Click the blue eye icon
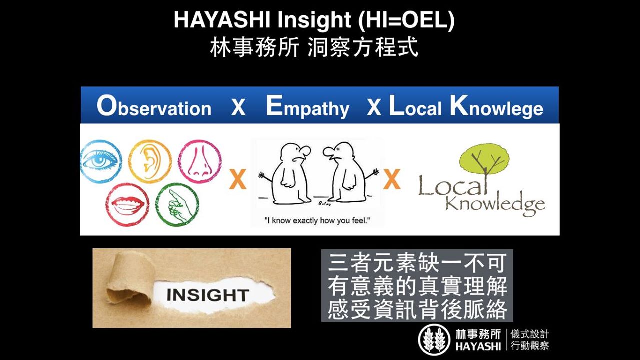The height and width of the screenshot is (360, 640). coord(101,161)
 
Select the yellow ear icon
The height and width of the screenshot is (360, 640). coord(150,161)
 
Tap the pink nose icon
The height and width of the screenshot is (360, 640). coord(200,161)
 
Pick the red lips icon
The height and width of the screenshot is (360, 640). coord(127,205)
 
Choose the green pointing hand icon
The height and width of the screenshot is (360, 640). coord(177,205)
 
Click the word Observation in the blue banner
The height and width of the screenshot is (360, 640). coord(154,107)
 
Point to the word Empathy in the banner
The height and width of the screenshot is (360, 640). coord(307,107)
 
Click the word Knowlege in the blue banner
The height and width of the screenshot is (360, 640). coord(497,107)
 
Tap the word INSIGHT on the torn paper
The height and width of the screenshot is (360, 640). coord(208,295)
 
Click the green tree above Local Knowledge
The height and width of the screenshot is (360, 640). coord(484,160)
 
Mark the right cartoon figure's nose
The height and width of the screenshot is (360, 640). coord(329,152)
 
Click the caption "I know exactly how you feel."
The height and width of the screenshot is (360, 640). coord(317,221)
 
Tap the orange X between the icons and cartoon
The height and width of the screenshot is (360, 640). coord(237,179)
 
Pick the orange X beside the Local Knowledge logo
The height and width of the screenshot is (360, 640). coord(392,179)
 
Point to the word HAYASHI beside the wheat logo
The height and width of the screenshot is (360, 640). coord(478,347)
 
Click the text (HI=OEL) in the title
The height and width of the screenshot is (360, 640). coord(406,20)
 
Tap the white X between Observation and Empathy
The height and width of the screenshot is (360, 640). coord(238,108)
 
